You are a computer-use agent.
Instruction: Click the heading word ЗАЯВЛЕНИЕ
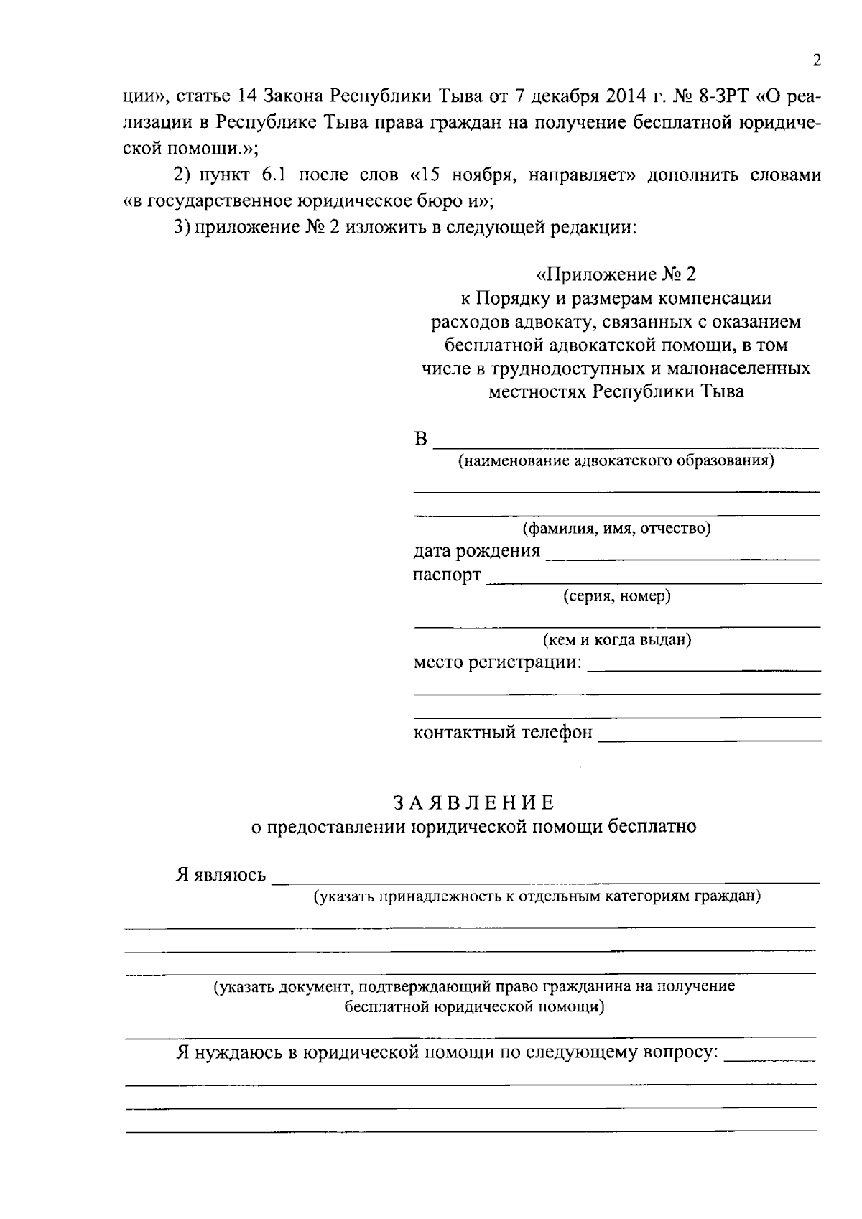[x=473, y=802]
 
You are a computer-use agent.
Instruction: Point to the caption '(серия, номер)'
[x=617, y=595]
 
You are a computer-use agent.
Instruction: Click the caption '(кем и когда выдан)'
[x=617, y=639]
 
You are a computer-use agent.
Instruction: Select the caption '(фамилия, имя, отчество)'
[x=617, y=529]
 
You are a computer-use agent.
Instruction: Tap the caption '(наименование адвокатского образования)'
[x=617, y=460]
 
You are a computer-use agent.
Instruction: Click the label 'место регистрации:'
[x=497, y=662]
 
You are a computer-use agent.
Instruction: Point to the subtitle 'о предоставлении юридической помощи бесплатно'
[x=473, y=826]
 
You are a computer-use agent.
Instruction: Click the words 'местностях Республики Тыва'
[x=617, y=391]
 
